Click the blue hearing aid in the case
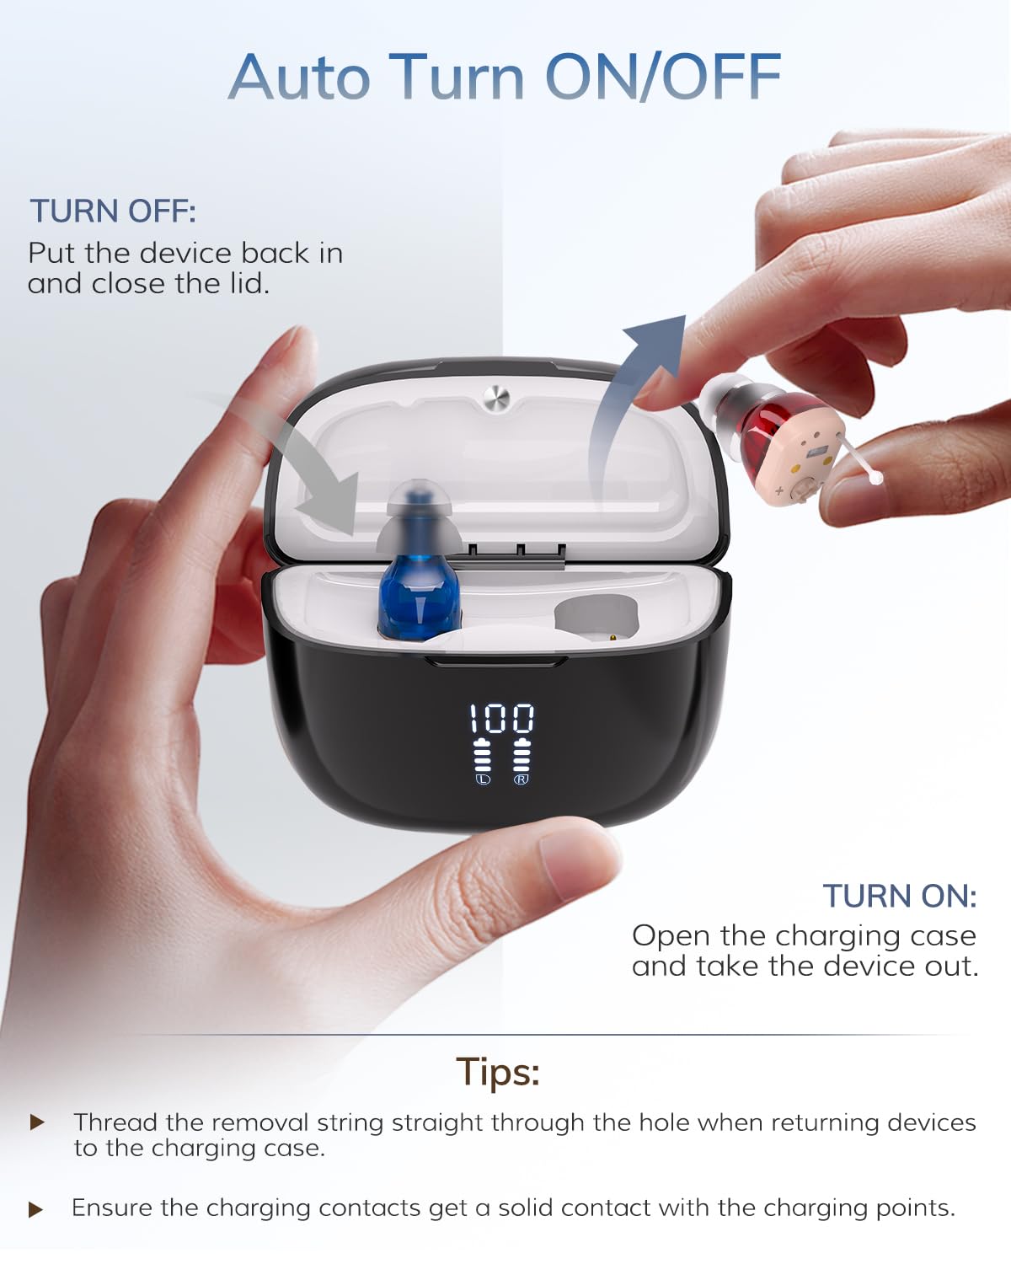coord(417,564)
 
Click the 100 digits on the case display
coord(501,718)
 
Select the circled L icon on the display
coord(483,779)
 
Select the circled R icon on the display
coord(521,779)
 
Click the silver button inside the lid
coord(495,399)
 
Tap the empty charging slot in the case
coord(596,618)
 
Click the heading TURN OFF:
coord(113,211)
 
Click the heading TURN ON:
coord(900,897)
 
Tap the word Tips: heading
coord(498,1072)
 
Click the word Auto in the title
coord(300,78)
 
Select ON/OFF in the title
coord(663,77)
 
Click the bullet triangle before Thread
coord(37,1122)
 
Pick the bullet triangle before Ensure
coord(36,1209)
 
